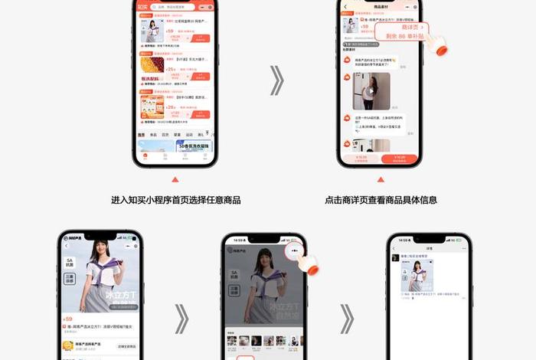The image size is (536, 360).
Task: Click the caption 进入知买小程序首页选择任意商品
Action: point(175,200)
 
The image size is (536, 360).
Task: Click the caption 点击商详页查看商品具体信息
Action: point(381,200)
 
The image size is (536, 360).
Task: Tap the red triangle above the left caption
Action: point(175,180)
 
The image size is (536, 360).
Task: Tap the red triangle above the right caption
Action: point(381,180)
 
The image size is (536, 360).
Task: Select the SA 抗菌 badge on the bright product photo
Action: point(70,263)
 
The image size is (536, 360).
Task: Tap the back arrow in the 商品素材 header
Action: point(346,7)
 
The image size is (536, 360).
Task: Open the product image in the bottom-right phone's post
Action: point(418,277)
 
